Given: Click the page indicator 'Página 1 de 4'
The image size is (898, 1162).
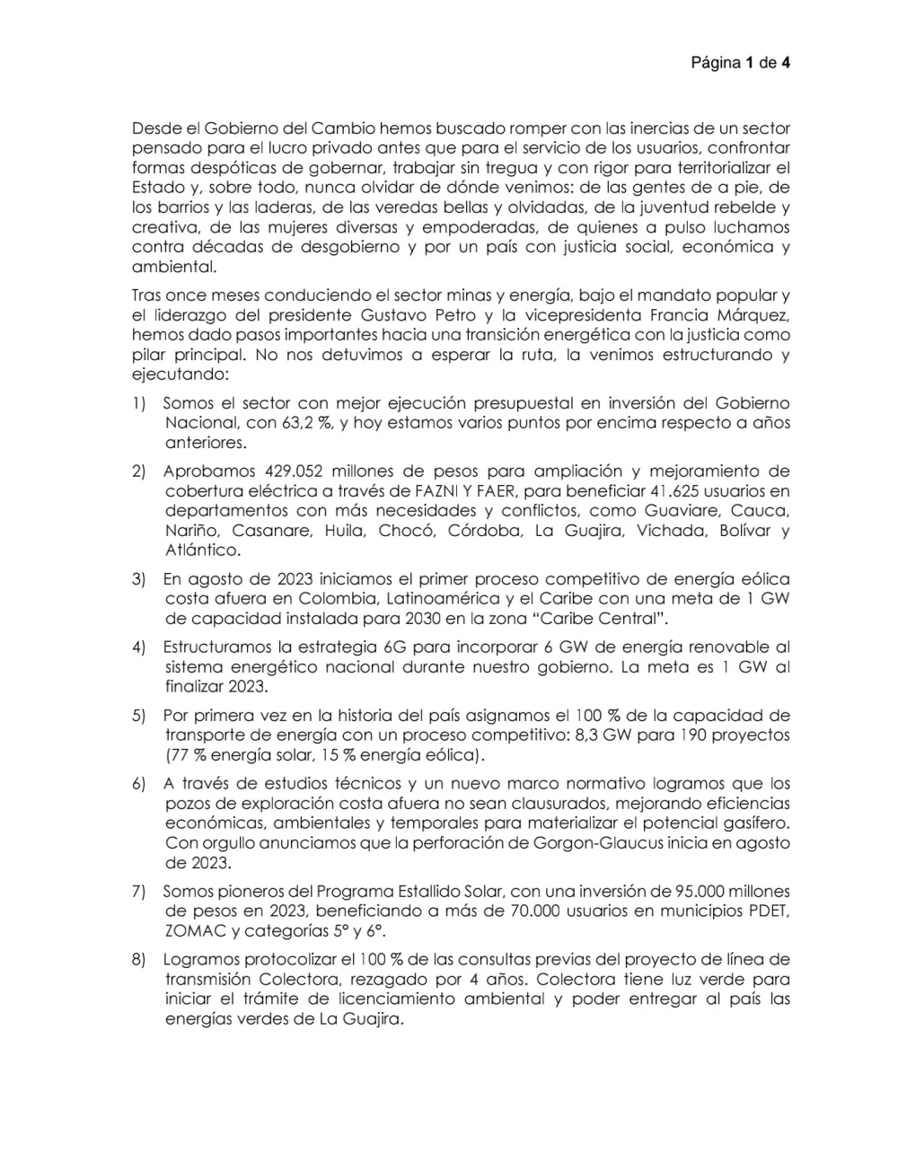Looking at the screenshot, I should pyautogui.click(x=740, y=63).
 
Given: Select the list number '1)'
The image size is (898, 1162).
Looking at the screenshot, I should pyautogui.click(x=139, y=403).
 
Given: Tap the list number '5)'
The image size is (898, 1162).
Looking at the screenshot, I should pyautogui.click(x=139, y=716).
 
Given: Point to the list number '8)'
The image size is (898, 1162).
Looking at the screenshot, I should pyautogui.click(x=139, y=960).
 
